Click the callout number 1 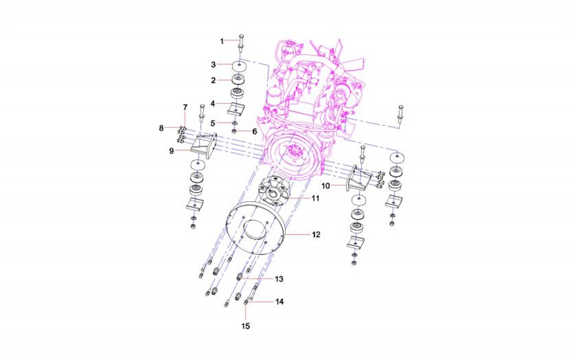[222, 41]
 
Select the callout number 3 [213, 65]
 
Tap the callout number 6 [255, 131]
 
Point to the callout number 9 [172, 151]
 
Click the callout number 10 [326, 186]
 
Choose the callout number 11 [316, 198]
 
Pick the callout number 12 [316, 235]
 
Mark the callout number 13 [279, 279]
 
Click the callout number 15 [246, 325]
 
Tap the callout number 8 [161, 129]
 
